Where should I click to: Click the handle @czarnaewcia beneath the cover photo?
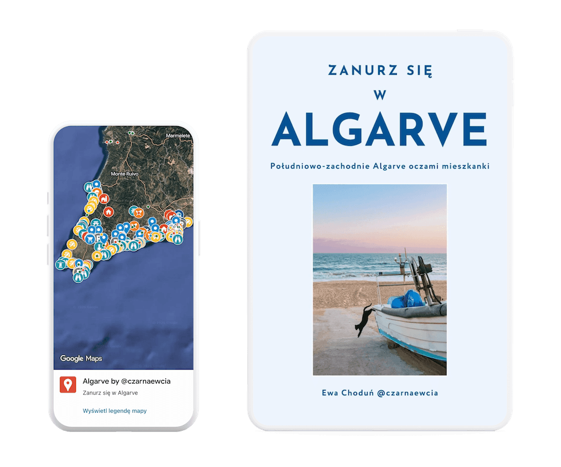point(404,393)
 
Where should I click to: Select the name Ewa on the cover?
point(330,393)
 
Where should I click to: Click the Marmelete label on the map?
point(178,135)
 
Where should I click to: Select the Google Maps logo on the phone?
point(81,358)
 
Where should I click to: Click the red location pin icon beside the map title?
point(68,385)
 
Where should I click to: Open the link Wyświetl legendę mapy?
point(115,411)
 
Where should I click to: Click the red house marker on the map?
point(108,211)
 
